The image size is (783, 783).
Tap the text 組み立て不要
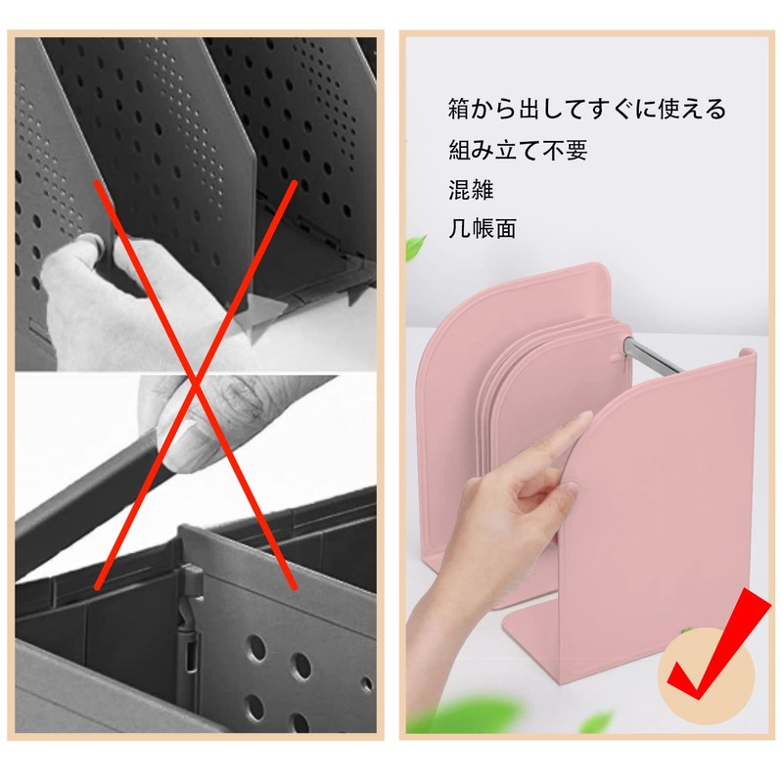coord(518,150)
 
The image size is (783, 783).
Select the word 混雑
coord(471,190)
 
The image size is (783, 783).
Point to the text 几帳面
coord(482,229)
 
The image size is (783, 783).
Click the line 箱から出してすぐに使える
coord(586,110)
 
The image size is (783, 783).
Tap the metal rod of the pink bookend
coord(653,355)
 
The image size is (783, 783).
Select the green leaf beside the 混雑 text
coord(415,249)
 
